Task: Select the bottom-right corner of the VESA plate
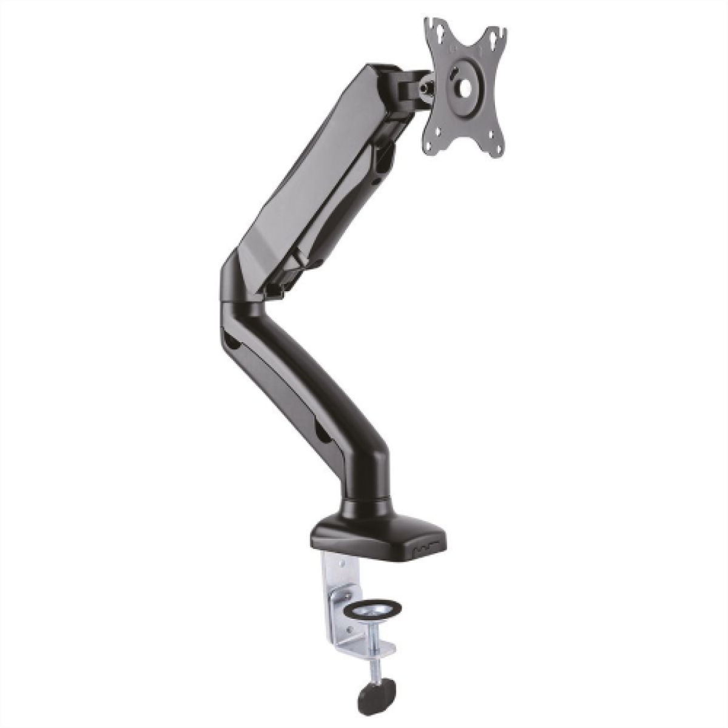click(x=497, y=152)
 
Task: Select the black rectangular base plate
click(x=376, y=534)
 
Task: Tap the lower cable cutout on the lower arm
click(x=320, y=432)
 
